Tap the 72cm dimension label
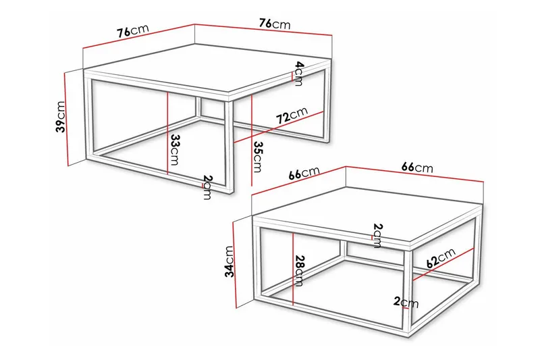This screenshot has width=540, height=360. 292,116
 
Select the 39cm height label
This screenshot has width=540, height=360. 60,116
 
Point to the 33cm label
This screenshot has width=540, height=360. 174,150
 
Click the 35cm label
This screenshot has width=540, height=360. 258,157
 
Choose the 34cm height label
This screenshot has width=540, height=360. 230,261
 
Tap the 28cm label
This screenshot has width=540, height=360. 300,269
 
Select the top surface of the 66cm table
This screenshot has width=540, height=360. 368,209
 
